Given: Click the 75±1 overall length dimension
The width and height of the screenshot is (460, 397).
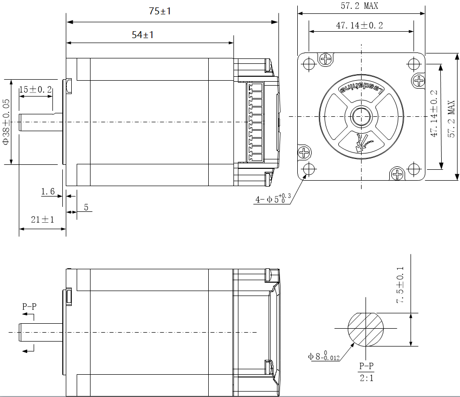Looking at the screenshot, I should pos(159,11).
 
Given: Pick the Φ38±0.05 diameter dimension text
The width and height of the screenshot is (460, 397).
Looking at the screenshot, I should pos(6,121).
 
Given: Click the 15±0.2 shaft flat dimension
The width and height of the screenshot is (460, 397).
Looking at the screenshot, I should pos(35,90).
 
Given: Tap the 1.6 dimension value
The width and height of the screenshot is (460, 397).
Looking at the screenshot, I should pos(48,192).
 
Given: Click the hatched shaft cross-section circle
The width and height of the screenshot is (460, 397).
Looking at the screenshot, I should pos(366,329).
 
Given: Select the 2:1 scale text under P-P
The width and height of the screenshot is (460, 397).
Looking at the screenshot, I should pos(366,378).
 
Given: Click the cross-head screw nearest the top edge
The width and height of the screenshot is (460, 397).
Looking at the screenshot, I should pos(326,59).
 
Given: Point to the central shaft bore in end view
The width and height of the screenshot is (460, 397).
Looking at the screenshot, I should pos(361,117).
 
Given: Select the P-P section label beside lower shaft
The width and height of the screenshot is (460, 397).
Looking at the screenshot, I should pos(29,307).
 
